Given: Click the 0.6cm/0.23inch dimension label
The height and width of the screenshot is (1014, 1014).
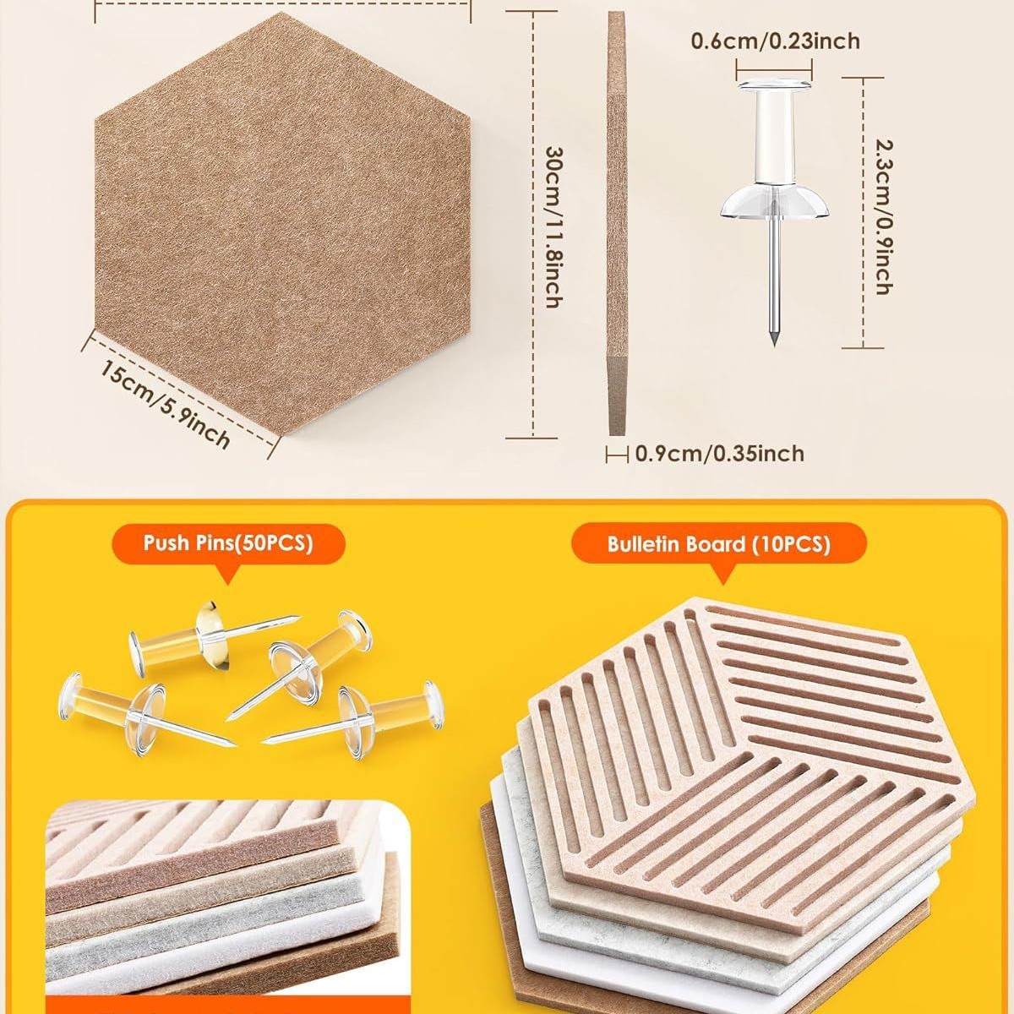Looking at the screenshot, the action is pos(775,41).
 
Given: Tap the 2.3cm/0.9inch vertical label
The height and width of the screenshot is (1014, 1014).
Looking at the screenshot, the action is pos(884,216).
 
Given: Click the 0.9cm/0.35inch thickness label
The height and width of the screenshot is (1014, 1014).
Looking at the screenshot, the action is pos(720,454).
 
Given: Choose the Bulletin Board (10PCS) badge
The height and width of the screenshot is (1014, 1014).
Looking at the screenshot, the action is pos(719,544).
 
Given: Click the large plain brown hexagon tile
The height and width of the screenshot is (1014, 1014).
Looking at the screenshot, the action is pos(282,224).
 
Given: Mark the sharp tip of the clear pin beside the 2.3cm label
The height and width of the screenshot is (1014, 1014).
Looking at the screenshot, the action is pos(774,344).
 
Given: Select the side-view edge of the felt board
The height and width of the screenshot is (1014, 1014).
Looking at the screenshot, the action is pos(617,224).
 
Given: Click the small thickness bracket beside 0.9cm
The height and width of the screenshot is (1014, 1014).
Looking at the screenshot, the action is pos(617,454).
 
